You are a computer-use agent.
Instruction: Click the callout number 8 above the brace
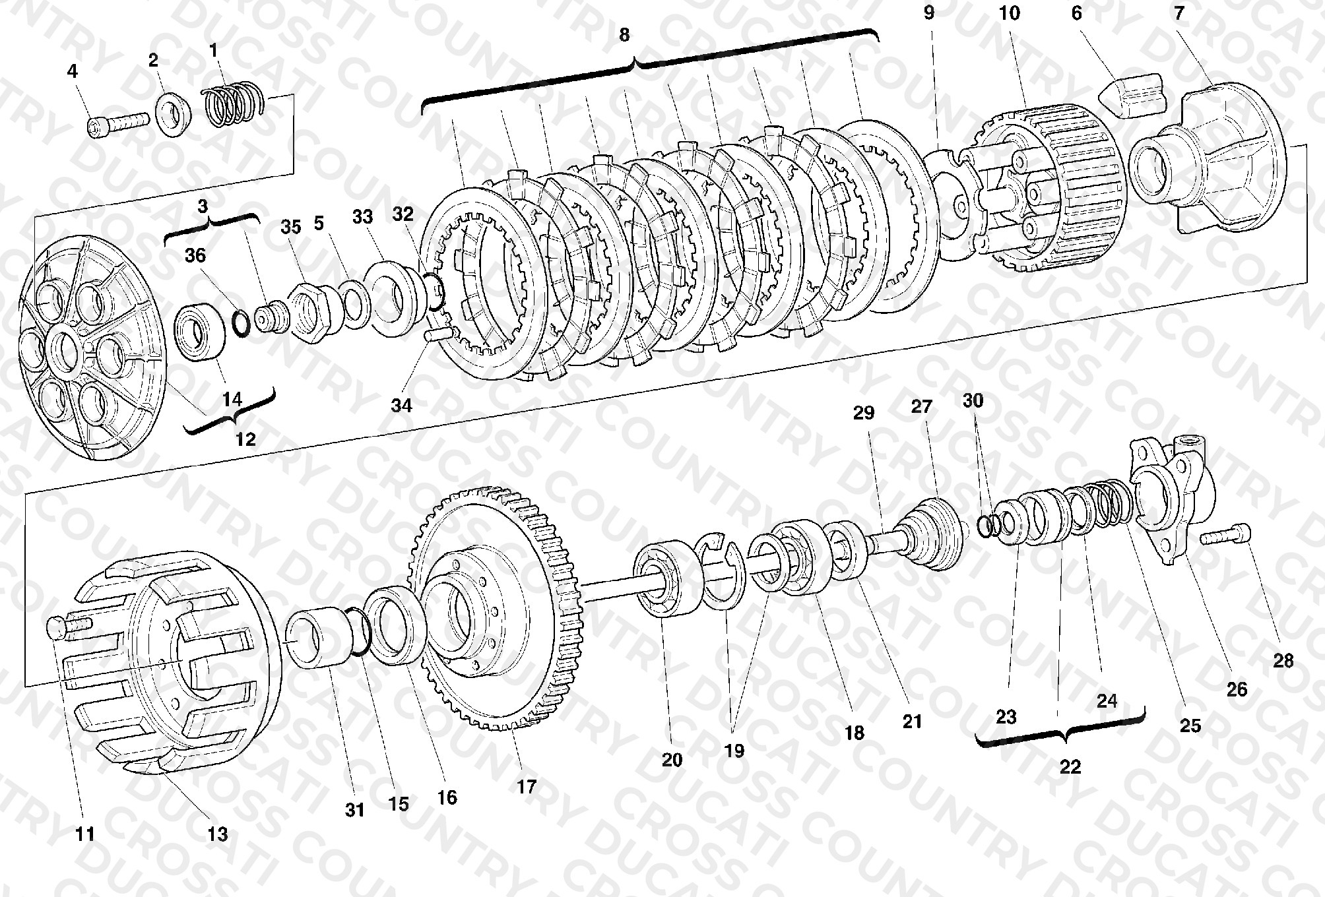[x=624, y=35]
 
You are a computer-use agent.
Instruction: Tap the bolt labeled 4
[x=117, y=123]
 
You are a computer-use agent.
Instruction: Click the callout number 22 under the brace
[x=1070, y=767]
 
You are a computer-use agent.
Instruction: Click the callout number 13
[x=217, y=834]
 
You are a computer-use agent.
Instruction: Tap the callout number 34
[x=401, y=405]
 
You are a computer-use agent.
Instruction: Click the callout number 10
[x=1010, y=13]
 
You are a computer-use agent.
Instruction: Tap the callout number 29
[x=863, y=413]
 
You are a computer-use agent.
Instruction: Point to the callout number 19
[x=734, y=751]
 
